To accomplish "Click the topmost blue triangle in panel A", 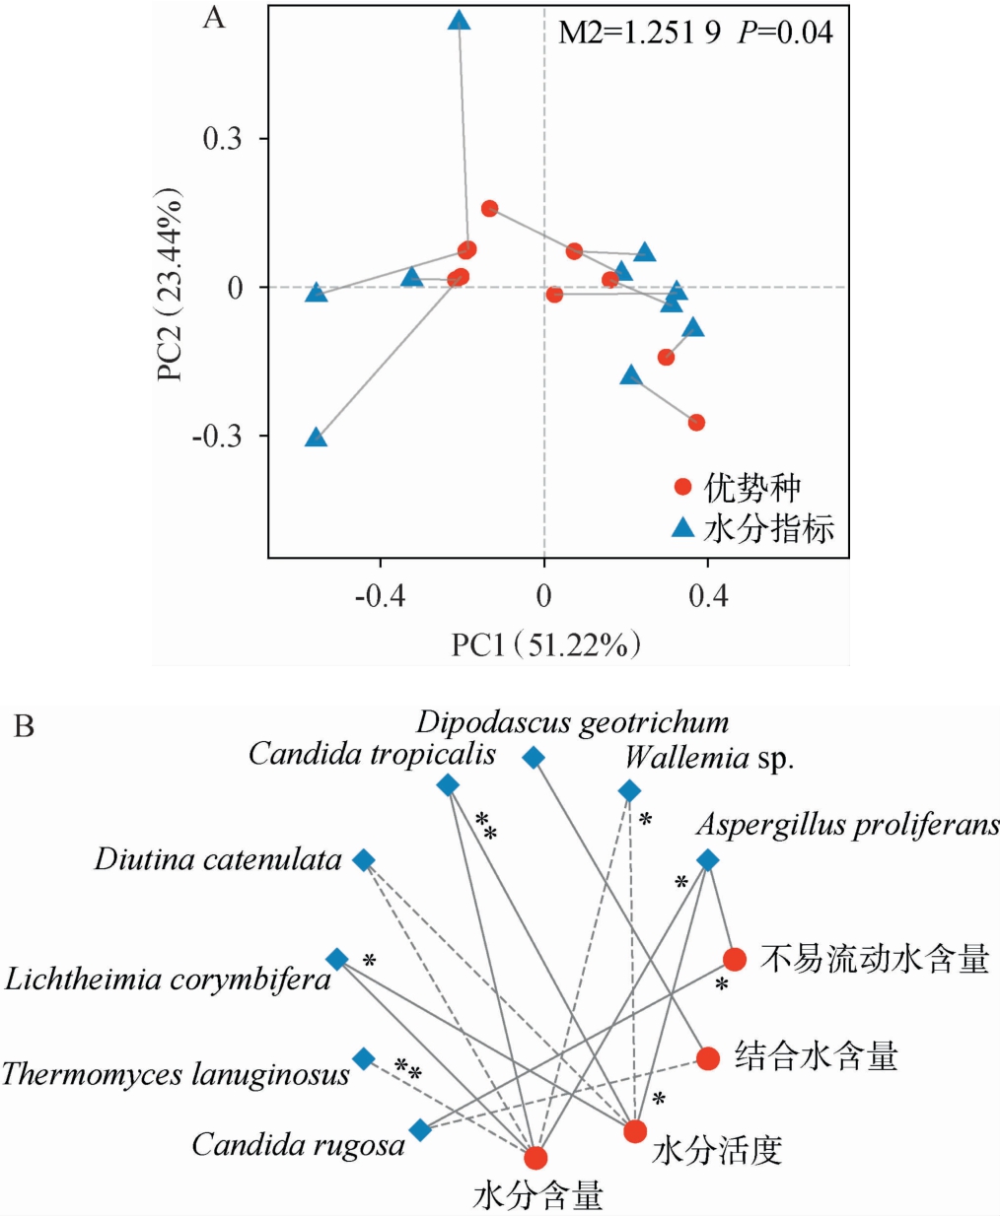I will click(459, 21).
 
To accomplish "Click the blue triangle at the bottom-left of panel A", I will click(316, 438).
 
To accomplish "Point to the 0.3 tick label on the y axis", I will click(222, 139).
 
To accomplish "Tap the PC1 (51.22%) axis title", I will click(546, 644).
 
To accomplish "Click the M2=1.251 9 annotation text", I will click(639, 33).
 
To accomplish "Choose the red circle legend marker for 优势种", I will click(682, 487).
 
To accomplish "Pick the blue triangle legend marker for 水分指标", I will click(682, 528).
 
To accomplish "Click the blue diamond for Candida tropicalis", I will click(448, 784).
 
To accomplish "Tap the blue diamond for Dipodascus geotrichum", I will click(534, 757).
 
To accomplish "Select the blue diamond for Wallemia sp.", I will click(629, 790).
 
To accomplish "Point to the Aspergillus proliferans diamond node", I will click(707, 860).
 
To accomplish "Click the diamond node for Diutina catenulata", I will click(364, 860).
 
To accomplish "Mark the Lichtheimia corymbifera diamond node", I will click(336, 959).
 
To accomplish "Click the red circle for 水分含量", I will click(536, 1158).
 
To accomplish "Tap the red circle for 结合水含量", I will click(707, 1058).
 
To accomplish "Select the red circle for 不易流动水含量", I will click(734, 959).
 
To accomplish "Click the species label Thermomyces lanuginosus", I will click(176, 1074).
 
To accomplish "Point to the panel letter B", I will click(24, 727).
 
